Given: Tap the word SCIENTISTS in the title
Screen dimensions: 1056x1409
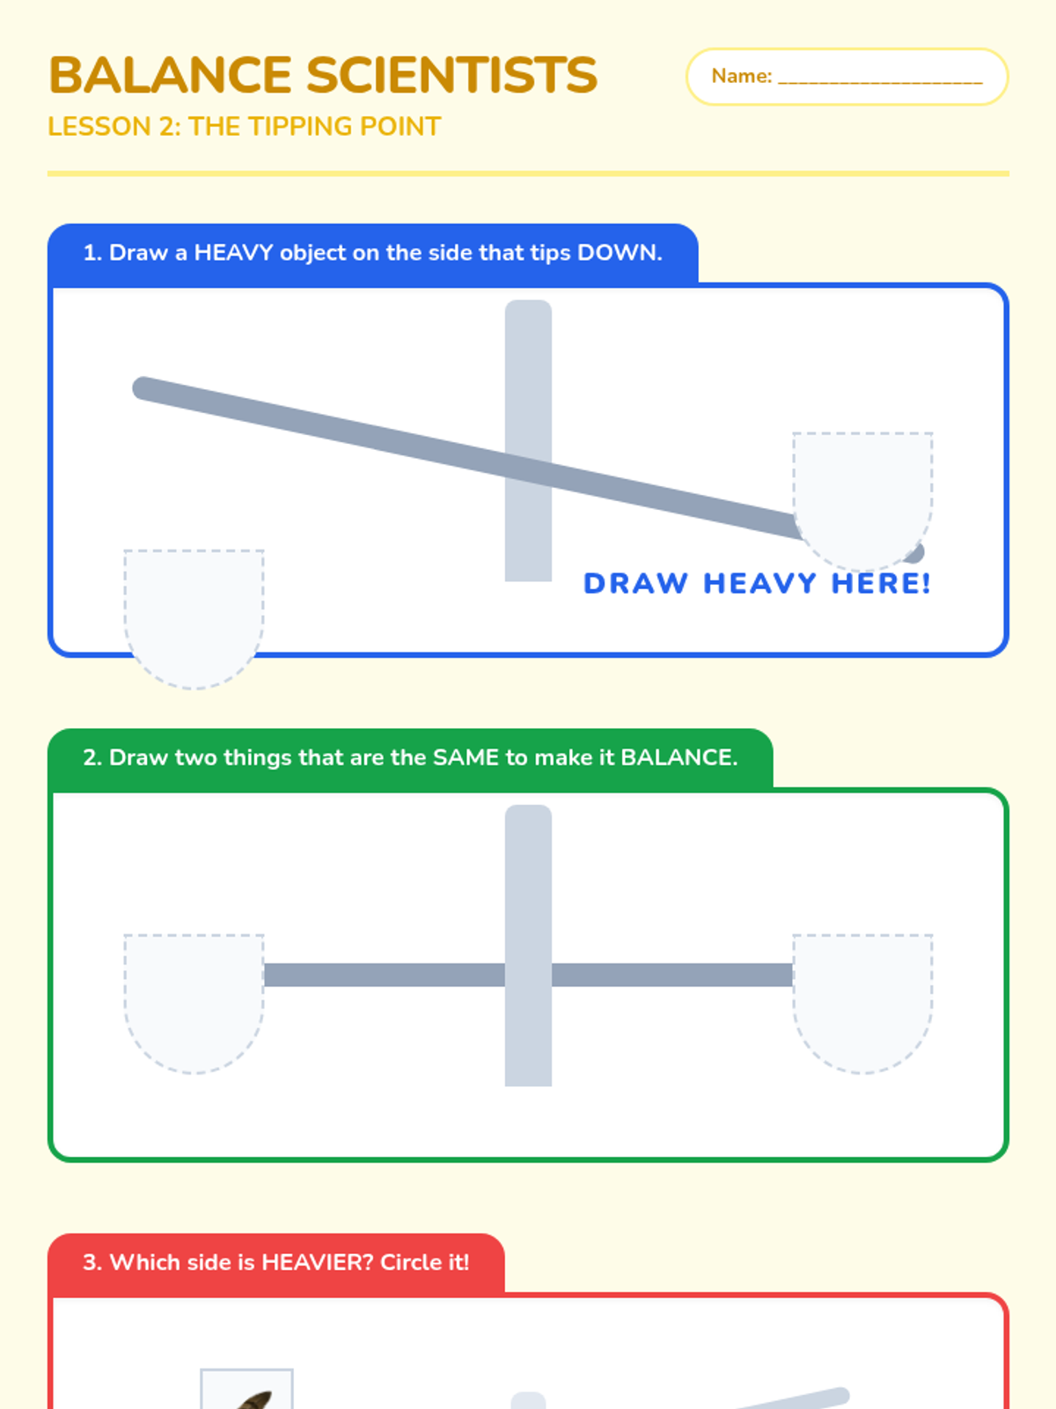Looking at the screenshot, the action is click(x=452, y=75).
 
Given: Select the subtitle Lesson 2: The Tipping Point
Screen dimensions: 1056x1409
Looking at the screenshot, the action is click(x=245, y=127).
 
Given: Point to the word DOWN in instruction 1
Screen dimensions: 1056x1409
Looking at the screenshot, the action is click(x=619, y=252).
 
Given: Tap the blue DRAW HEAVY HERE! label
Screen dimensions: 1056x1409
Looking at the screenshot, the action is click(x=757, y=583).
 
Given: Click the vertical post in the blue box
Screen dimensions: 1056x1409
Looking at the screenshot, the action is click(x=528, y=440).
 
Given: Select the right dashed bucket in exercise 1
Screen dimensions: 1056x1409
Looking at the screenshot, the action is click(x=862, y=501).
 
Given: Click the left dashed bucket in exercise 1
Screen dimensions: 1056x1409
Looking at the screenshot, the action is click(x=194, y=619).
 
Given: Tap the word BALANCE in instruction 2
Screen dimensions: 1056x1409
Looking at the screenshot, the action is click(x=678, y=757).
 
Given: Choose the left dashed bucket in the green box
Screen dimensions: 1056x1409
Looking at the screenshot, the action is click(x=194, y=1003).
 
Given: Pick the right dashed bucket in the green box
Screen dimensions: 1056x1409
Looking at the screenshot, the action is click(x=862, y=1003).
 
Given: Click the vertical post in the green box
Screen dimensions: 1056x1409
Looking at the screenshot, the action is click(x=528, y=946).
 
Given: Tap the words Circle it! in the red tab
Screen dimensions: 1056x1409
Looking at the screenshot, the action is click(x=424, y=1262).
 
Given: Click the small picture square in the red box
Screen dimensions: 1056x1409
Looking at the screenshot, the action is click(x=247, y=1389).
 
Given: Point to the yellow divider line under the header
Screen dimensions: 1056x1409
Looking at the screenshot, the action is click(x=528, y=173).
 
